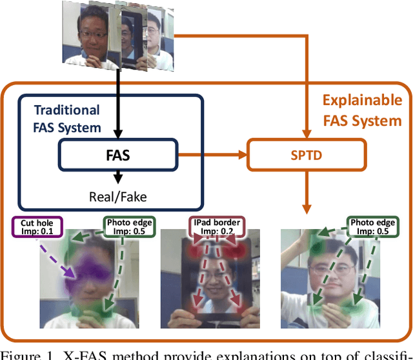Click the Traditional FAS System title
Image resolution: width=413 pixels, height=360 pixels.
pos(67,119)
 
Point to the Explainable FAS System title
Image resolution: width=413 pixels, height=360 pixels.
pos(361,110)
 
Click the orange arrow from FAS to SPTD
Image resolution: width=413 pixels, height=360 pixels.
pos(212,155)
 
